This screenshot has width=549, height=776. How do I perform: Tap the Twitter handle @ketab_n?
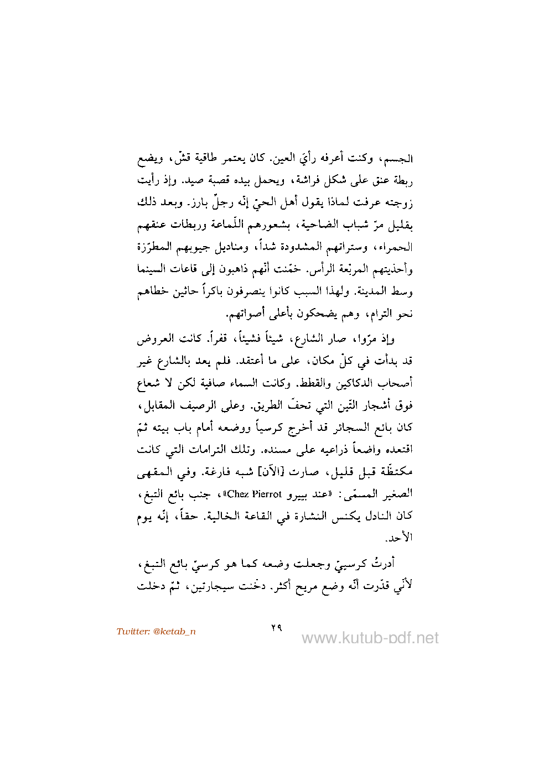click(x=156, y=632)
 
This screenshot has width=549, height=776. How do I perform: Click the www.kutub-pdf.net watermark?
click(x=370, y=638)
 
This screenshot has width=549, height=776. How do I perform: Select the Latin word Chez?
click(x=238, y=494)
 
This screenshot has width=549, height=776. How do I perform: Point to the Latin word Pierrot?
click(x=266, y=494)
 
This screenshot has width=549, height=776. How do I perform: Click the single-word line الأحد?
click(x=399, y=538)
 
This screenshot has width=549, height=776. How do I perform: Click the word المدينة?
click(x=375, y=291)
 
